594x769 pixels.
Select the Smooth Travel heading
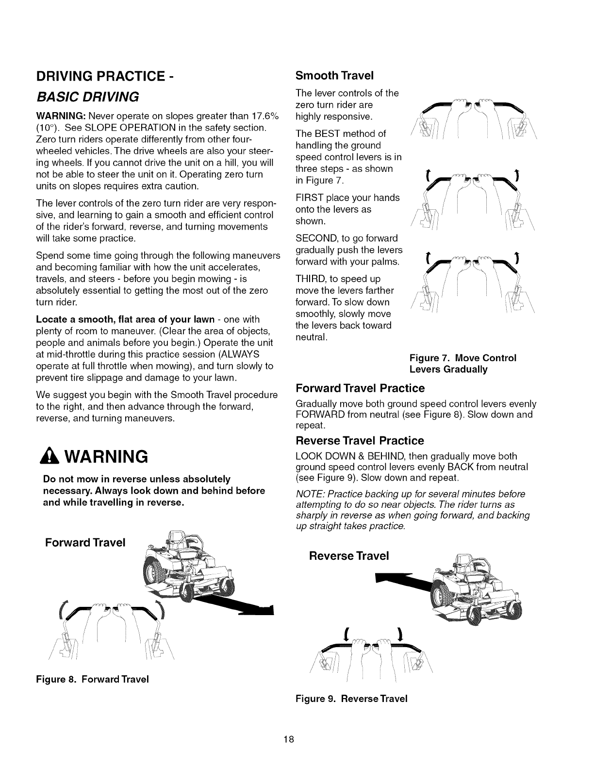pos(334,76)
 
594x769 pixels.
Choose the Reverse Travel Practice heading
pos(360,441)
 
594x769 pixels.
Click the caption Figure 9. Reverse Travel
pos(351,699)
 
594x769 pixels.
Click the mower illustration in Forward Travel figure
pos(189,573)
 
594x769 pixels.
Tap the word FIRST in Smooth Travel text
pos(309,198)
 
